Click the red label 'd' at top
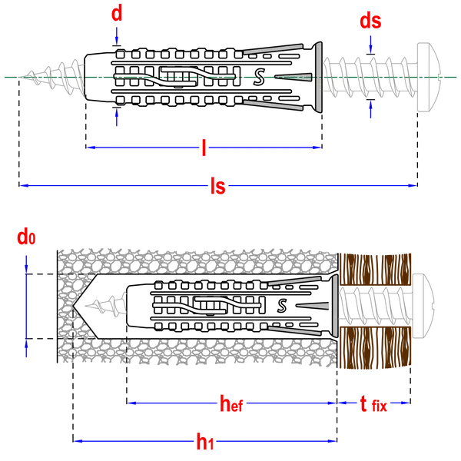coord(117,14)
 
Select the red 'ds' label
coord(370,21)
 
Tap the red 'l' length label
coord(204,148)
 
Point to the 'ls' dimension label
coord(218,186)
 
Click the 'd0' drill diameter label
coord(26,237)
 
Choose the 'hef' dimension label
coord(231,403)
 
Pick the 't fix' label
coord(373,404)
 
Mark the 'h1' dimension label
coord(205,441)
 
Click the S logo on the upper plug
coord(259,77)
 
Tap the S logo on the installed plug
coord(282,306)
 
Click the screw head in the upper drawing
coord(429,77)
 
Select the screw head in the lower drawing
coord(423,306)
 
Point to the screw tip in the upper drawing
coord(22,77)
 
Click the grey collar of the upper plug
coord(317,77)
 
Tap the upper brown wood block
coord(375,270)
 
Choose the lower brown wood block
coord(375,347)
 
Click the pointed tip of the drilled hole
coord(73,306)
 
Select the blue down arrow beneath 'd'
coord(117,36)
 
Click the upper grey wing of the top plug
coord(273,48)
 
